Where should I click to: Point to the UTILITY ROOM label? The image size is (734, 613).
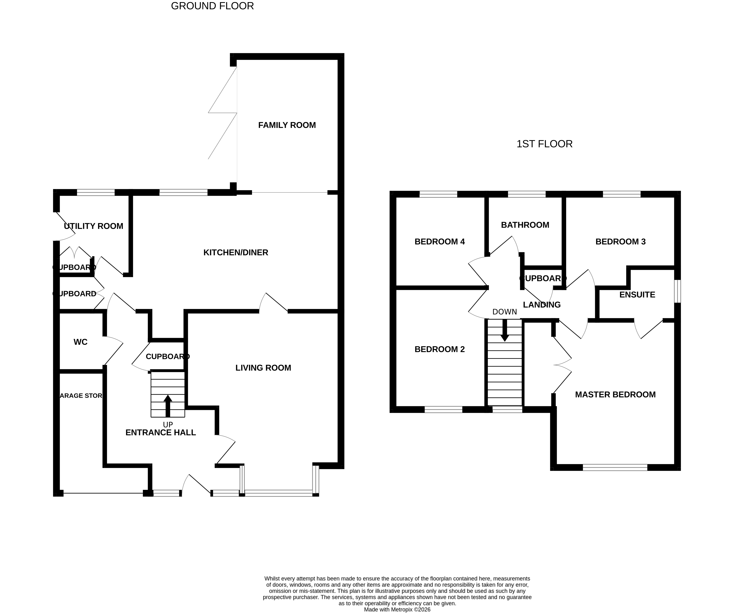pyautogui.click(x=93, y=226)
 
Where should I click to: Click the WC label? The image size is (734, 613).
pyautogui.click(x=80, y=342)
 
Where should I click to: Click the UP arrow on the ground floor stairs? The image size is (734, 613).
pyautogui.click(x=168, y=405)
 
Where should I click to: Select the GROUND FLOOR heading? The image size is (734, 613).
pyautogui.click(x=212, y=6)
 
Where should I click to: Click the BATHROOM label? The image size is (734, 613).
pyautogui.click(x=525, y=225)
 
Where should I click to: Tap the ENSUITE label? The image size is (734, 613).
pyautogui.click(x=637, y=294)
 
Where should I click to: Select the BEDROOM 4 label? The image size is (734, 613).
pyautogui.click(x=439, y=242)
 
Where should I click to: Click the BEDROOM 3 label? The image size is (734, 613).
pyautogui.click(x=620, y=242)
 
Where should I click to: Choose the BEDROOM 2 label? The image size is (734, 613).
pyautogui.click(x=439, y=349)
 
